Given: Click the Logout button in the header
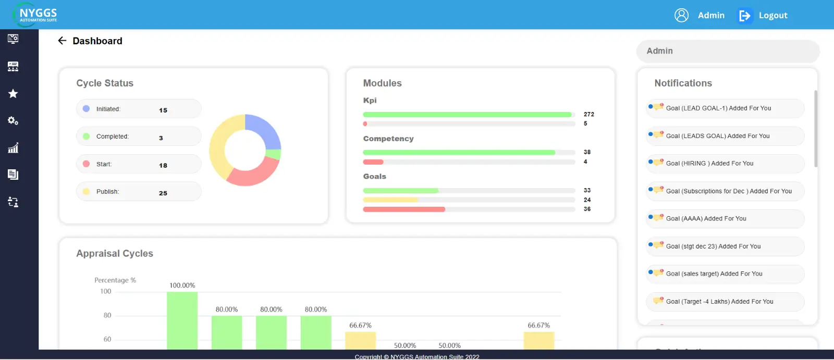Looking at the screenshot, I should point(763,16).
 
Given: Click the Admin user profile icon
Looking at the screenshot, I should point(681,15).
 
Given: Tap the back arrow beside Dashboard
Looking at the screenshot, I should point(62,41).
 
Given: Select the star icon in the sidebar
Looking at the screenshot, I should point(13,94).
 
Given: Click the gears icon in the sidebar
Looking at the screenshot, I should point(13,121).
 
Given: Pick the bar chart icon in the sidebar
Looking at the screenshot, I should point(13,148).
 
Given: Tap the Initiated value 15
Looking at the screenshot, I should point(163,110).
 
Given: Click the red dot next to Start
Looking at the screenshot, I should point(87,164).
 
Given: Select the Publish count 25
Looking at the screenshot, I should point(163,193).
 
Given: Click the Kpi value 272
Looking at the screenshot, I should point(588,114).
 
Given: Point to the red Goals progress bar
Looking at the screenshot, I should point(404,209).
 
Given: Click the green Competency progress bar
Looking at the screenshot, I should point(459,153).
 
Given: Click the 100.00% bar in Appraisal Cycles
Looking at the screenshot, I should point(182,320).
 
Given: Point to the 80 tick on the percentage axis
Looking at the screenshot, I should point(107,315).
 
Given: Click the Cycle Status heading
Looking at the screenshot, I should point(105,83).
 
